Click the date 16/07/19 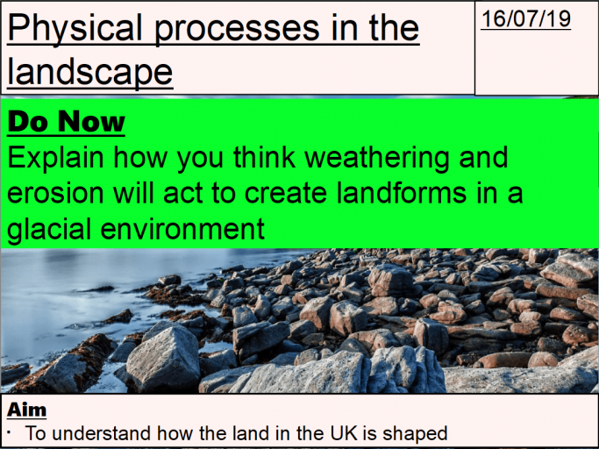click(x=525, y=19)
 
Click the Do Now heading click(x=66, y=122)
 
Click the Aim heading click(x=26, y=410)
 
